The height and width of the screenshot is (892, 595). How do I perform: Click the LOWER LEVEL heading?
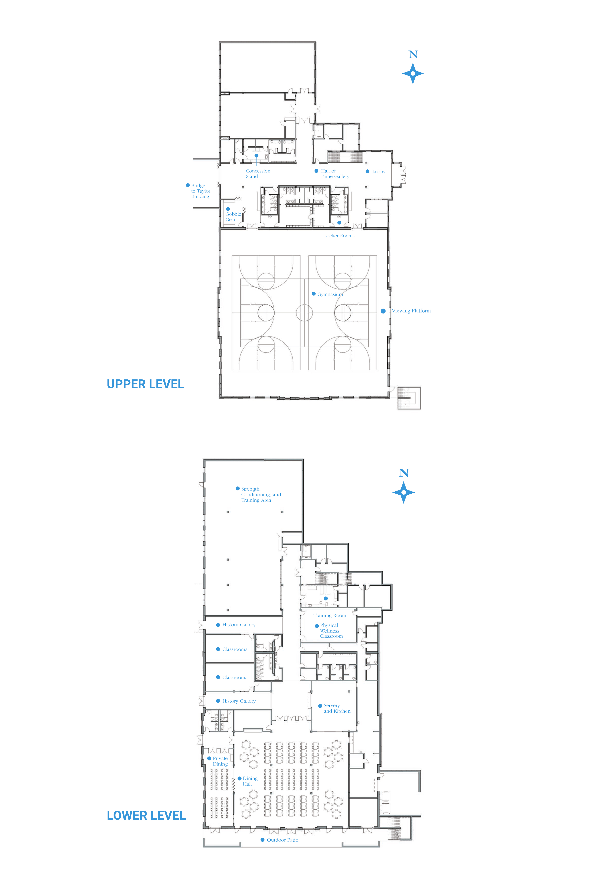(x=146, y=815)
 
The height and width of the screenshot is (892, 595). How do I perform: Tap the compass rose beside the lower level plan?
(x=403, y=493)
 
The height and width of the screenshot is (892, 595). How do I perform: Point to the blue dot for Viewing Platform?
(x=383, y=311)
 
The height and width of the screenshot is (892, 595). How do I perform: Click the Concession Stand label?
(x=258, y=174)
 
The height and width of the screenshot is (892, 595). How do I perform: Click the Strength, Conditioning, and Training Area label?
(x=261, y=495)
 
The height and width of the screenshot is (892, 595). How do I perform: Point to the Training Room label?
(x=330, y=615)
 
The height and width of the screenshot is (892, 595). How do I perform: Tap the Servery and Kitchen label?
(x=337, y=708)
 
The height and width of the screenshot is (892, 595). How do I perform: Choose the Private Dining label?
(x=220, y=761)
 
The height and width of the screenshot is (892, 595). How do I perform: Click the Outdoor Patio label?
(x=283, y=840)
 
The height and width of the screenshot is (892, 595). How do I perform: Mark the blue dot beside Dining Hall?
(x=239, y=778)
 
